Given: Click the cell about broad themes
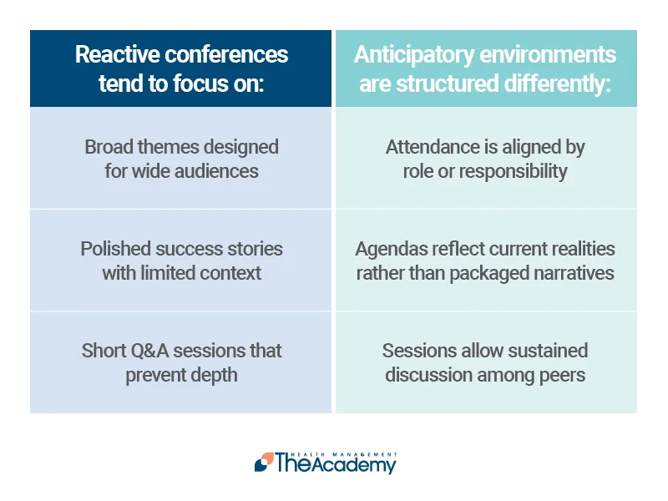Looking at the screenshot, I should [181, 159].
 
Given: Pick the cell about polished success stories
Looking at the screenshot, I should [181, 261].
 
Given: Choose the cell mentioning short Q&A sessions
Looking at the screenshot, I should [181, 362].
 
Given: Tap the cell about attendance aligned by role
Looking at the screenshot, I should [485, 159].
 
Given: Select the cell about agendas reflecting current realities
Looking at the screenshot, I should [485, 261].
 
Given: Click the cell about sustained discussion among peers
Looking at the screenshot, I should [485, 362].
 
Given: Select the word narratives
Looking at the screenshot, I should [574, 273].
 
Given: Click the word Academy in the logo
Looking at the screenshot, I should [350, 464].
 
